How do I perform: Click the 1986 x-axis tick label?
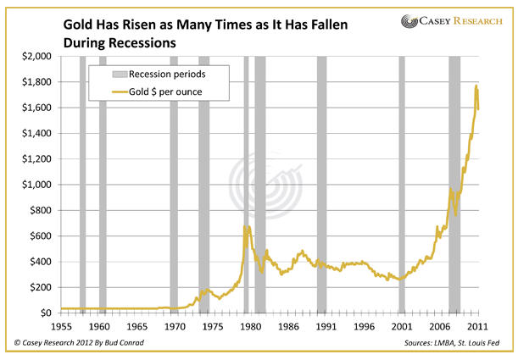click(289, 326)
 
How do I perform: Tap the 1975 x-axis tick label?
click(214, 326)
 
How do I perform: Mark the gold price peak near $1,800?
click(476, 86)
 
